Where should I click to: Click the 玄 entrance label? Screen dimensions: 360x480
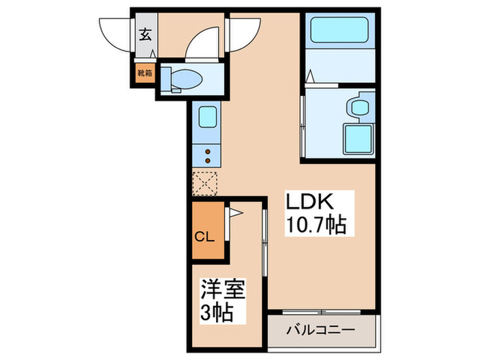click(145, 34)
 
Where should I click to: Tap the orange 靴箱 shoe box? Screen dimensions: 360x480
click(145, 72)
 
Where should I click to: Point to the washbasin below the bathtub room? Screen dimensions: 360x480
click(359, 108)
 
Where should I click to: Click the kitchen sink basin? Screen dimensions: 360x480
click(207, 117)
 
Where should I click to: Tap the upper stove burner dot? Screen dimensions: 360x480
click(207, 151)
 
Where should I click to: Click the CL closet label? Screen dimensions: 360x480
click(206, 238)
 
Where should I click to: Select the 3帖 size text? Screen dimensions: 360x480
click(217, 313)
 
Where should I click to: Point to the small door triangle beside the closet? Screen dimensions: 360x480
click(234, 213)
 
